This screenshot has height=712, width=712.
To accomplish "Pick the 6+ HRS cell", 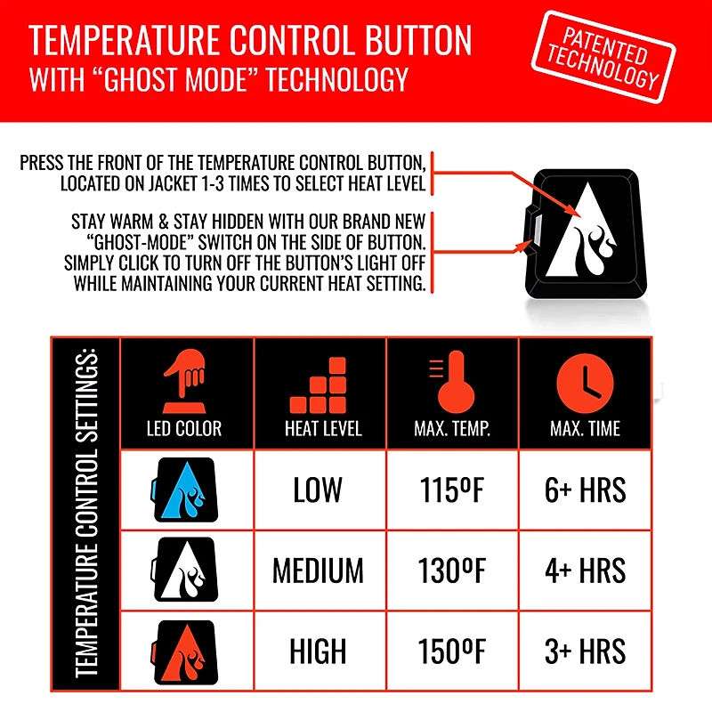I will (585, 489).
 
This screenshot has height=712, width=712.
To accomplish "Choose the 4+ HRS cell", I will (585, 570).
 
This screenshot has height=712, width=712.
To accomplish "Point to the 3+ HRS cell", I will (585, 651).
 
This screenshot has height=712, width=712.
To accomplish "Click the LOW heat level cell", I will (318, 489).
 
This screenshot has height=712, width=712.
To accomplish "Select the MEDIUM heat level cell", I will (318, 570).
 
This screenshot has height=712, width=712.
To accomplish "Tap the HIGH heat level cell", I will (318, 651).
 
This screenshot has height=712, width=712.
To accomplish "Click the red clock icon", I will (585, 384).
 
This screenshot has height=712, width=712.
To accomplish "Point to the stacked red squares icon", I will (322, 384).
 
